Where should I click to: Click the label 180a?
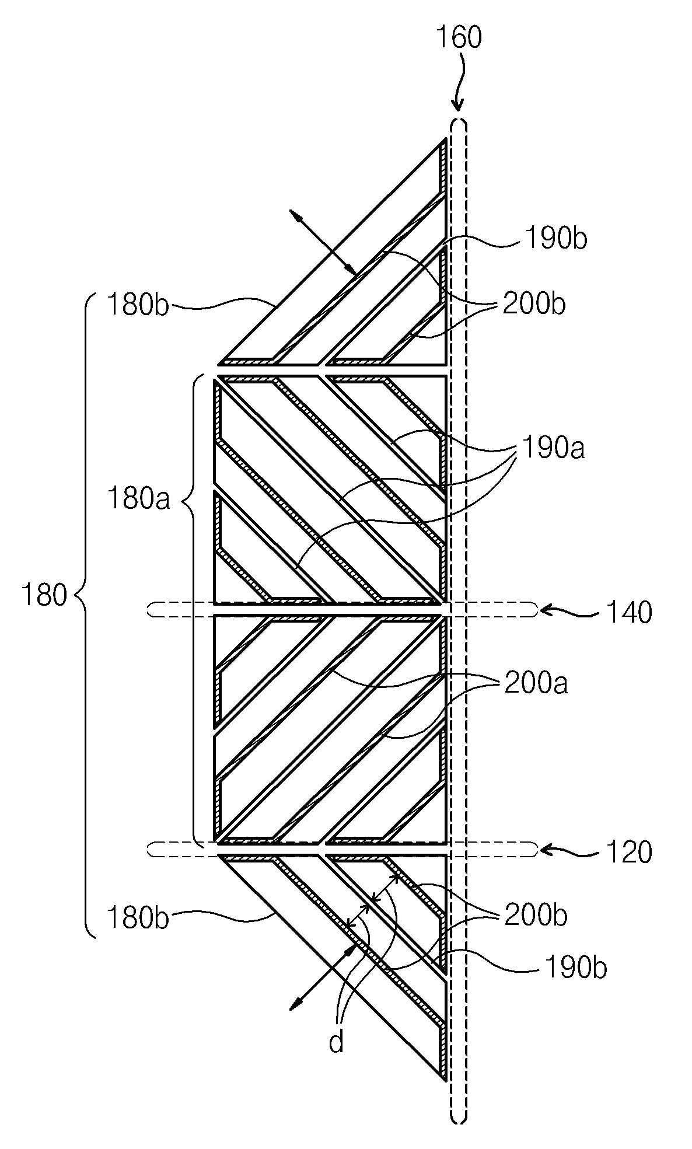tap(138, 500)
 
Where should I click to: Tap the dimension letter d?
tap(337, 1042)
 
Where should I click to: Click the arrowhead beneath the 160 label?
tap(459, 106)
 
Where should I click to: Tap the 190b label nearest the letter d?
tap(575, 968)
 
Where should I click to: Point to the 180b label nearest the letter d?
tap(137, 918)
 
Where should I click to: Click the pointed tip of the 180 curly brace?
tap(76, 596)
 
